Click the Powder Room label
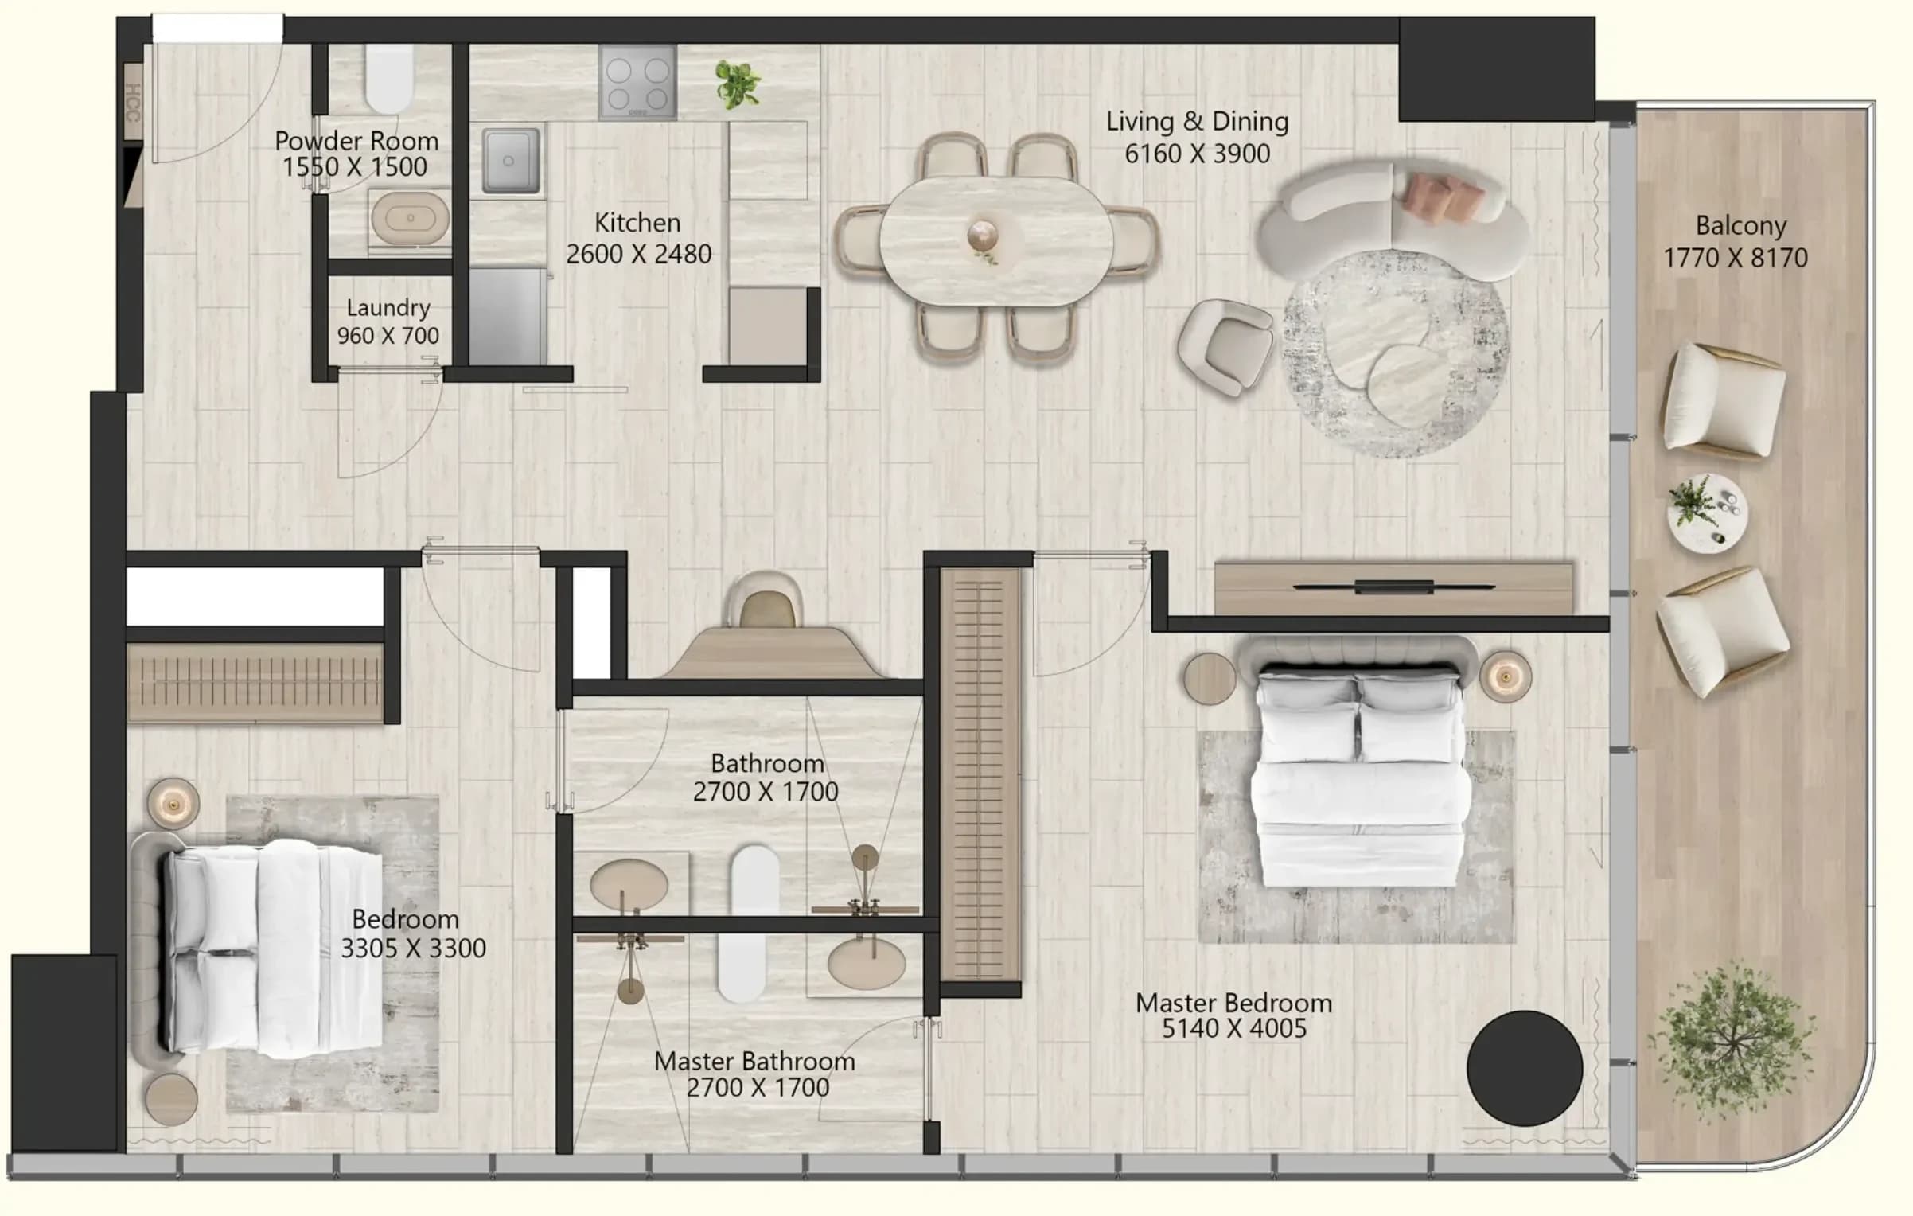356,141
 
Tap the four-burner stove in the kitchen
638,81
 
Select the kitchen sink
510,160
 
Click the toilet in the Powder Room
389,78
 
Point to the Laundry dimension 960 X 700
388,335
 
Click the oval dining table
995,240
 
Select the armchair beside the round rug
1225,347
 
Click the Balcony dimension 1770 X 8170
1736,258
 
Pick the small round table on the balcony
1708,513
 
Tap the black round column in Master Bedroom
1525,1068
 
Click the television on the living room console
1394,587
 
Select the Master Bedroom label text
1233,1003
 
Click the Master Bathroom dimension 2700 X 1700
758,1087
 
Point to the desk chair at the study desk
765,601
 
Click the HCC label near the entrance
132,102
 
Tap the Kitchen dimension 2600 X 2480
638,254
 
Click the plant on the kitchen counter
737,84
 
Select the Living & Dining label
1197,121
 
